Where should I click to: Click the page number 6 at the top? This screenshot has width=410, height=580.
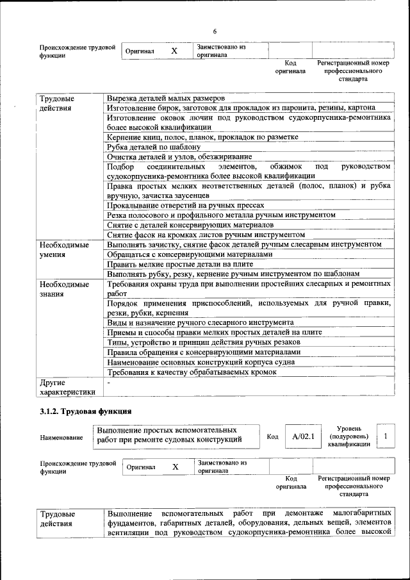(x=215, y=31)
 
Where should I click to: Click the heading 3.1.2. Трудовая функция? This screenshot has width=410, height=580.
(x=86, y=410)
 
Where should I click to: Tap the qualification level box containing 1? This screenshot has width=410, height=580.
(x=386, y=436)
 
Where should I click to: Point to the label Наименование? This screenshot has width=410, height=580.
(x=61, y=437)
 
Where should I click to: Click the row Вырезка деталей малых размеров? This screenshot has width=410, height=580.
(x=165, y=99)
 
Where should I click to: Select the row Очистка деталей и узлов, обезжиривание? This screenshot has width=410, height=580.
(x=179, y=156)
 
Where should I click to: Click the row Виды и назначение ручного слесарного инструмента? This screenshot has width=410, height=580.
(x=200, y=322)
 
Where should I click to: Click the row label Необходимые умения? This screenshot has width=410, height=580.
(x=64, y=250)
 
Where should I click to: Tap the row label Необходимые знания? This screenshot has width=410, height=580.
(x=64, y=289)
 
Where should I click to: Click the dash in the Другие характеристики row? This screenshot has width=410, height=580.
(x=109, y=382)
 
